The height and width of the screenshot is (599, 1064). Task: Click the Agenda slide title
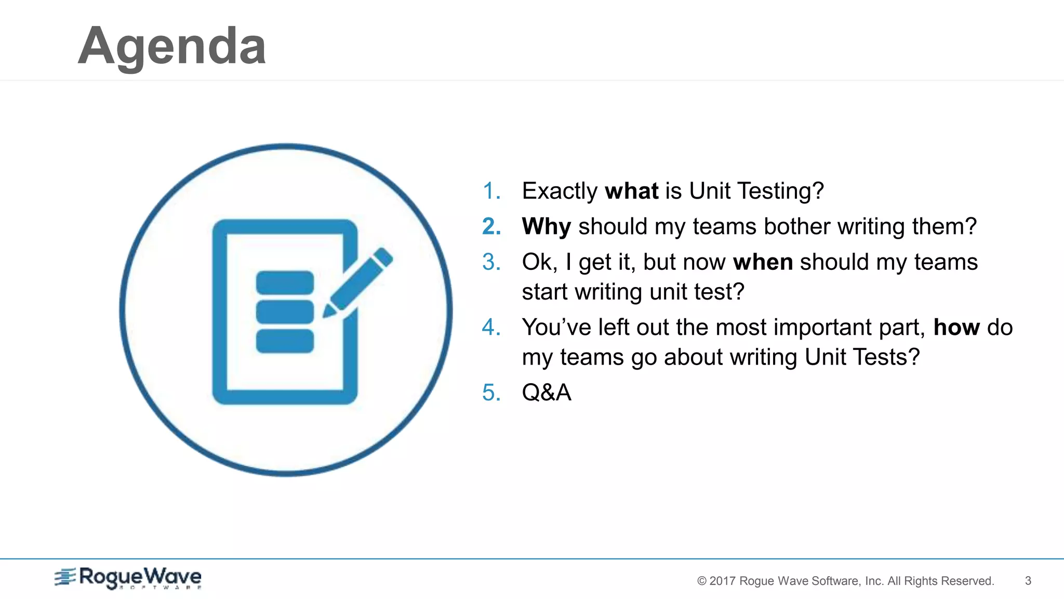(172, 47)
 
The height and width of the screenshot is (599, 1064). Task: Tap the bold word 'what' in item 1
(632, 191)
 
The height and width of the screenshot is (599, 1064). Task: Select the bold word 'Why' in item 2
(547, 227)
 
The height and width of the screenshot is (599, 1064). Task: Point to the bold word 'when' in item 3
(763, 262)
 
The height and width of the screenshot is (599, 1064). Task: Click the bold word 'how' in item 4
(956, 328)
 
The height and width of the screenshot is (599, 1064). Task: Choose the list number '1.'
(491, 191)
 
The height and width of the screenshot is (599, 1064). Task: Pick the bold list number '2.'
(491, 227)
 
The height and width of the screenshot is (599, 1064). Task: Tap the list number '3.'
(491, 262)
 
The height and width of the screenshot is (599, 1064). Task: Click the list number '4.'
(491, 328)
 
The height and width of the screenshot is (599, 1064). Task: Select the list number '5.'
(491, 393)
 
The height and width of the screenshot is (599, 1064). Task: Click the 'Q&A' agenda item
(547, 393)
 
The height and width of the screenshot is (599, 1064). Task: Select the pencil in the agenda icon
(358, 282)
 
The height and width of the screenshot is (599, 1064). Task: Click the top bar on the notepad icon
(285, 282)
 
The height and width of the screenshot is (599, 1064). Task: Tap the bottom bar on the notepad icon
(285, 341)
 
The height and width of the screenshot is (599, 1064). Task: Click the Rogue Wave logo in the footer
(128, 578)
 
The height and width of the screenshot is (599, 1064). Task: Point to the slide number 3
(1028, 581)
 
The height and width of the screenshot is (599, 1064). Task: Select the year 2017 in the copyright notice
(722, 581)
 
